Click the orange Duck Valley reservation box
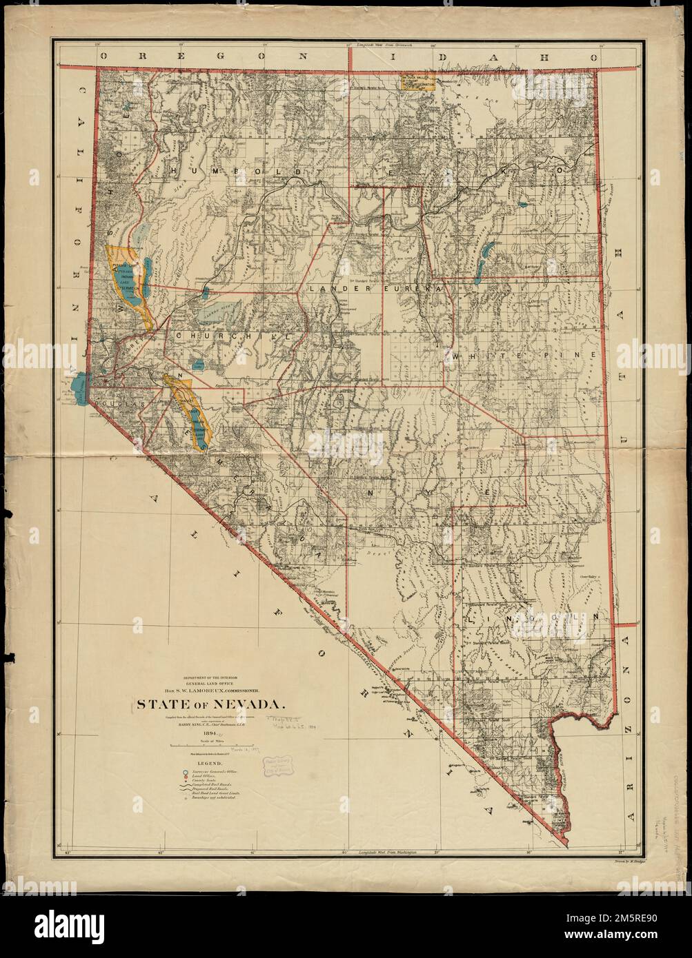(417, 83)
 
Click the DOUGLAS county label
(117, 400)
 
